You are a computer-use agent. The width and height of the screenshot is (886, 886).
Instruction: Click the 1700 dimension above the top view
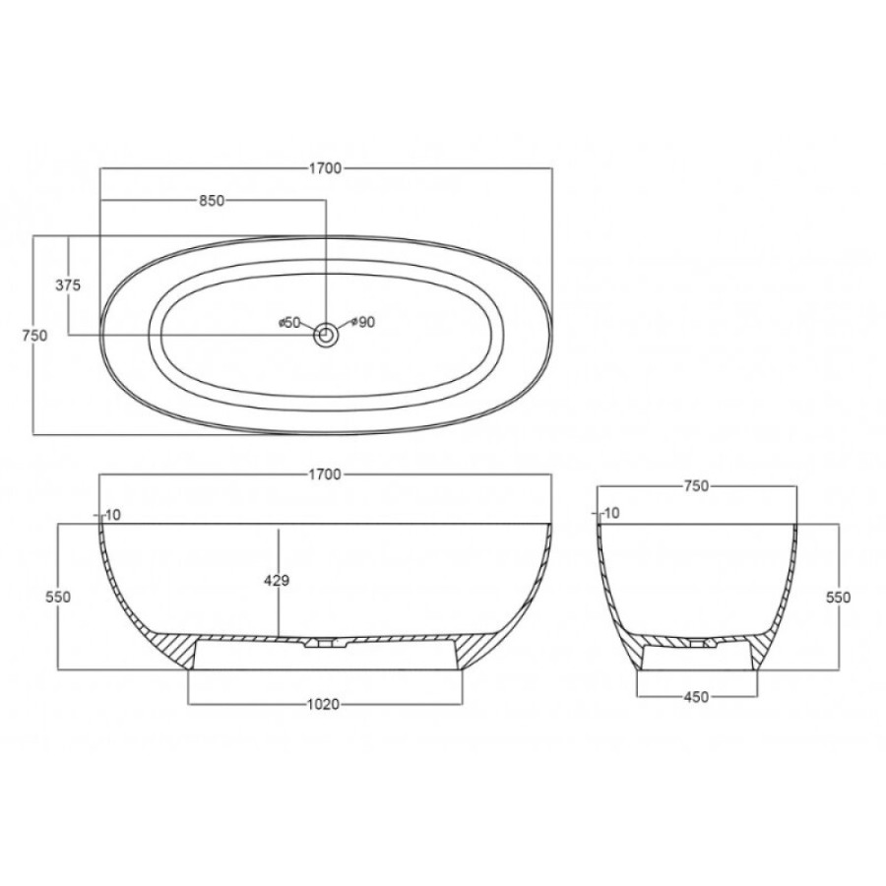[326, 168]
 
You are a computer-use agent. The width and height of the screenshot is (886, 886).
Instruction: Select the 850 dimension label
[213, 201]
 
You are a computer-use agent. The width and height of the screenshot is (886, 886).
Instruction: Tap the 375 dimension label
[68, 285]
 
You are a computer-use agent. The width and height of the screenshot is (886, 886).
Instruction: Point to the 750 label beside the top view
[34, 336]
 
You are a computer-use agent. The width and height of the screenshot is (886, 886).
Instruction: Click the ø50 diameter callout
[288, 323]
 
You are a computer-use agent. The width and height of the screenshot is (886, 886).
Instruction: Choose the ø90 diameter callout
[363, 323]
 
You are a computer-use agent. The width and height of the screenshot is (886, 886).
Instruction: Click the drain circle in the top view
[326, 336]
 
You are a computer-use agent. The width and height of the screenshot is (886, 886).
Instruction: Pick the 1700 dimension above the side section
[326, 475]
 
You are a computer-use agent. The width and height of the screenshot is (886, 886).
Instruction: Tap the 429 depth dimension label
[277, 580]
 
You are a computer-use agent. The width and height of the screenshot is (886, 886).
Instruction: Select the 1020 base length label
[323, 705]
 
